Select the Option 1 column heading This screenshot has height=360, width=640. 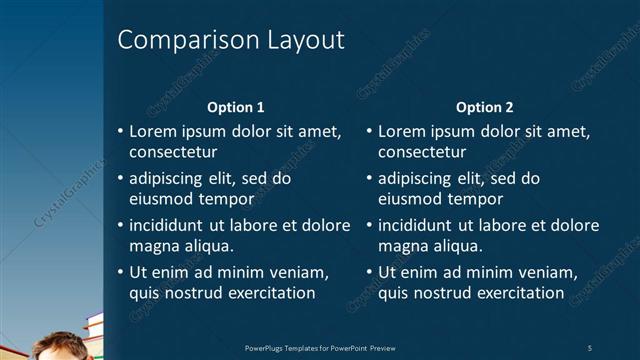(x=236, y=107)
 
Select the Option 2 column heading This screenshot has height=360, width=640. (x=485, y=107)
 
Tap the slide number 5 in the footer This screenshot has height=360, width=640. (x=590, y=348)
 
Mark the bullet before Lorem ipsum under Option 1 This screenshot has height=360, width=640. (x=121, y=132)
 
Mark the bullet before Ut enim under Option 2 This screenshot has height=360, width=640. (x=370, y=273)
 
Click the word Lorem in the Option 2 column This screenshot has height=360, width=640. (x=400, y=132)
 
